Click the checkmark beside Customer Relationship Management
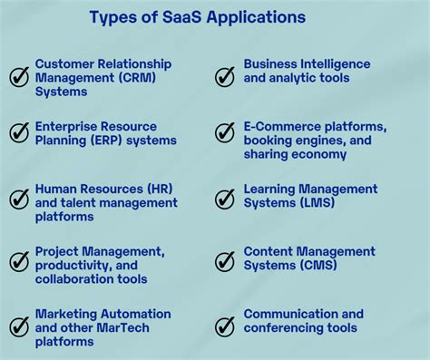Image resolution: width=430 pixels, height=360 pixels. click(19, 77)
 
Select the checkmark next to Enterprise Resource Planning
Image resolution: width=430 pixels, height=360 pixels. click(19, 133)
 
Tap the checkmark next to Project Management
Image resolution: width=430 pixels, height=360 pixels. click(19, 262)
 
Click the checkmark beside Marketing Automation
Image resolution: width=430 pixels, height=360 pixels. click(19, 326)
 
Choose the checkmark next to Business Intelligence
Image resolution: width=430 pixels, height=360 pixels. click(225, 77)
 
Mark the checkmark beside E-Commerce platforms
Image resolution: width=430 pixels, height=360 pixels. click(225, 133)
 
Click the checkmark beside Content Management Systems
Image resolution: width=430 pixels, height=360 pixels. click(225, 262)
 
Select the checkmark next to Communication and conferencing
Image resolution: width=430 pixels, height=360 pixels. click(225, 326)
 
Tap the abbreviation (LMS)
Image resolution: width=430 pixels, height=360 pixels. click(316, 202)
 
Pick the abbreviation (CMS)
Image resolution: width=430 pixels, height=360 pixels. click(317, 265)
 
